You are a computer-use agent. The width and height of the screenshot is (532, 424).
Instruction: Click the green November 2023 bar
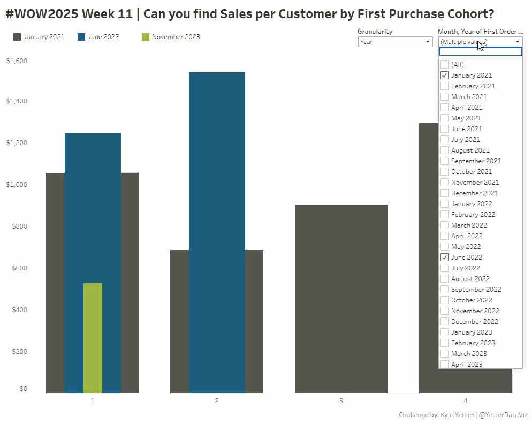(x=93, y=337)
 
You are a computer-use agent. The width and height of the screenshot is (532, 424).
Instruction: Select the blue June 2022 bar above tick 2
(x=217, y=214)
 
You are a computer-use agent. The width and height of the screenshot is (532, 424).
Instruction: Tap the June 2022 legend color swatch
(x=81, y=37)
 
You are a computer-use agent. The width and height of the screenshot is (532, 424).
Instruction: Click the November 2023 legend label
(x=176, y=37)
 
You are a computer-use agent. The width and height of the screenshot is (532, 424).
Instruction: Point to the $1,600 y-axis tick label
(x=17, y=61)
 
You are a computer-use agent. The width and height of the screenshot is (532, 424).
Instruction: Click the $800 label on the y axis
(x=19, y=226)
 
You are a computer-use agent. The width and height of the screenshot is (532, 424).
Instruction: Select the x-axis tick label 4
(x=465, y=400)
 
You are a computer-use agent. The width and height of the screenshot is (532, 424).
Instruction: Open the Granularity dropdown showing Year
(x=395, y=42)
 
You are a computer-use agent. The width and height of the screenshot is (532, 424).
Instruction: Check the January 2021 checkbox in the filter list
(x=444, y=75)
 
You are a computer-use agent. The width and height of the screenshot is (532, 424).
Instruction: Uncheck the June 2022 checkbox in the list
(x=444, y=258)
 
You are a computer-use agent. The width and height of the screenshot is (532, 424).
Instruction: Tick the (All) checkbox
(x=444, y=65)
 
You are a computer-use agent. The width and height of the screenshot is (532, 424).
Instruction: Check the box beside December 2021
(x=444, y=193)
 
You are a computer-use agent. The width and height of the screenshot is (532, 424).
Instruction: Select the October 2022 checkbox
(x=444, y=300)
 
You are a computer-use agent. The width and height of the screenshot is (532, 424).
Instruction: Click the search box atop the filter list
(x=480, y=52)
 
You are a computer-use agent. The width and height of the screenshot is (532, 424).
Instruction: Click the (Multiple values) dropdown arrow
(x=518, y=42)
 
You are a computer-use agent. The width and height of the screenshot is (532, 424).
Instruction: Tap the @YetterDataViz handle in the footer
(x=503, y=415)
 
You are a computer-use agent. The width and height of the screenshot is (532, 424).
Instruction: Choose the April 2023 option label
(x=466, y=365)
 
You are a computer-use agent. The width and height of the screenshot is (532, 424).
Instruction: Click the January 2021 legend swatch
(x=17, y=37)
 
